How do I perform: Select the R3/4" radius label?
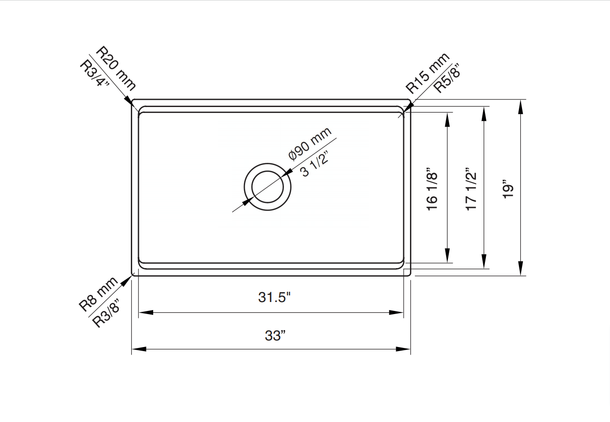[95, 74]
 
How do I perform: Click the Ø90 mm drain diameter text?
[309, 144]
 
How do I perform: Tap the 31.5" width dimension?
[274, 297]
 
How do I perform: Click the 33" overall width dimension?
[275, 335]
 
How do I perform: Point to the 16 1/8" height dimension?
[432, 190]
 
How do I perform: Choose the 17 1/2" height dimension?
[471, 190]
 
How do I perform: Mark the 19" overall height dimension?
[508, 190]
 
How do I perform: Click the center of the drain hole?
[267, 186]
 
